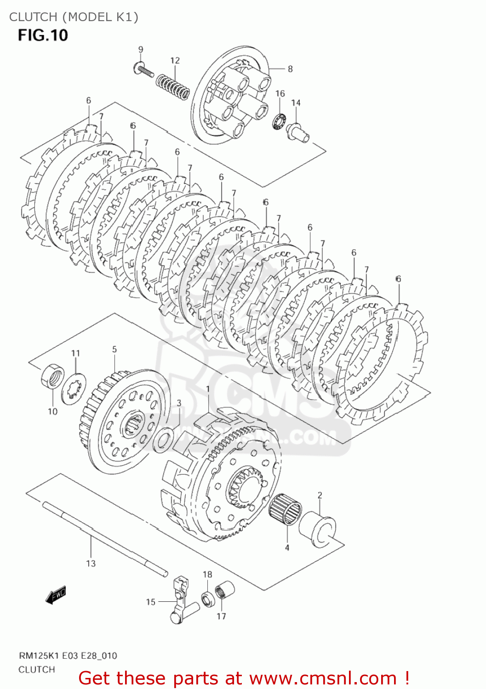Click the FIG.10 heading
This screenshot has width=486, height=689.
click(43, 35)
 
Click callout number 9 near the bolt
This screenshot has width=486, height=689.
click(141, 50)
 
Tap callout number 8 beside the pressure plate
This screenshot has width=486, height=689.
click(290, 69)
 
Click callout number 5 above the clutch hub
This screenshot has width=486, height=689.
click(114, 350)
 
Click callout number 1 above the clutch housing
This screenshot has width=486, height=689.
click(208, 389)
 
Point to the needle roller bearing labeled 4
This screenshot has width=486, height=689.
click(285, 509)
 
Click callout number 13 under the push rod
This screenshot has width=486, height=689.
click(91, 563)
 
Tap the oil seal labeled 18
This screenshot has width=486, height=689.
click(207, 599)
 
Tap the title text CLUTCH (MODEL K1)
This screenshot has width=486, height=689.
click(74, 17)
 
